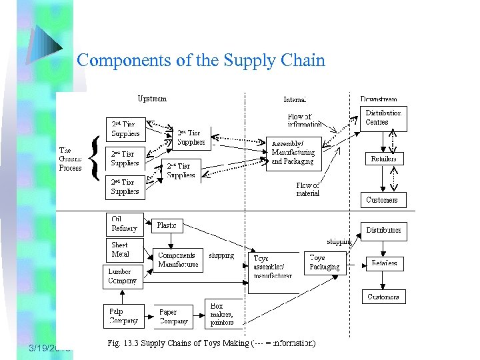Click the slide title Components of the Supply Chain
click(201, 61)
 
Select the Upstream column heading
click(152, 99)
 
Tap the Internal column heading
click(295, 99)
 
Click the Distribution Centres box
click(383, 118)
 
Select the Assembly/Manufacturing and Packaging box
click(293, 153)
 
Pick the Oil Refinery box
click(125, 224)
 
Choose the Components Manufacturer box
click(178, 260)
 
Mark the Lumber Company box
click(124, 276)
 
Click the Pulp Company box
click(124, 316)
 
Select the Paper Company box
click(174, 316)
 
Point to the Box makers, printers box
click(223, 314)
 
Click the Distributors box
click(383, 231)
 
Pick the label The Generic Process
click(71, 159)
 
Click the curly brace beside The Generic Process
click(97, 159)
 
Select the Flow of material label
click(307, 189)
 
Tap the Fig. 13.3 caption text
click(212, 344)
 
